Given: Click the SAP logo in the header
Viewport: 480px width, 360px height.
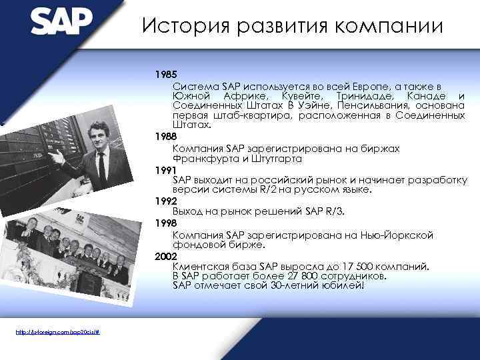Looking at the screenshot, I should (61, 21).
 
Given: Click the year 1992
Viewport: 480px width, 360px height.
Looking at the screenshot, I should (165, 200).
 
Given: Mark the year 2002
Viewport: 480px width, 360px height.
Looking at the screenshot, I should (165, 255).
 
